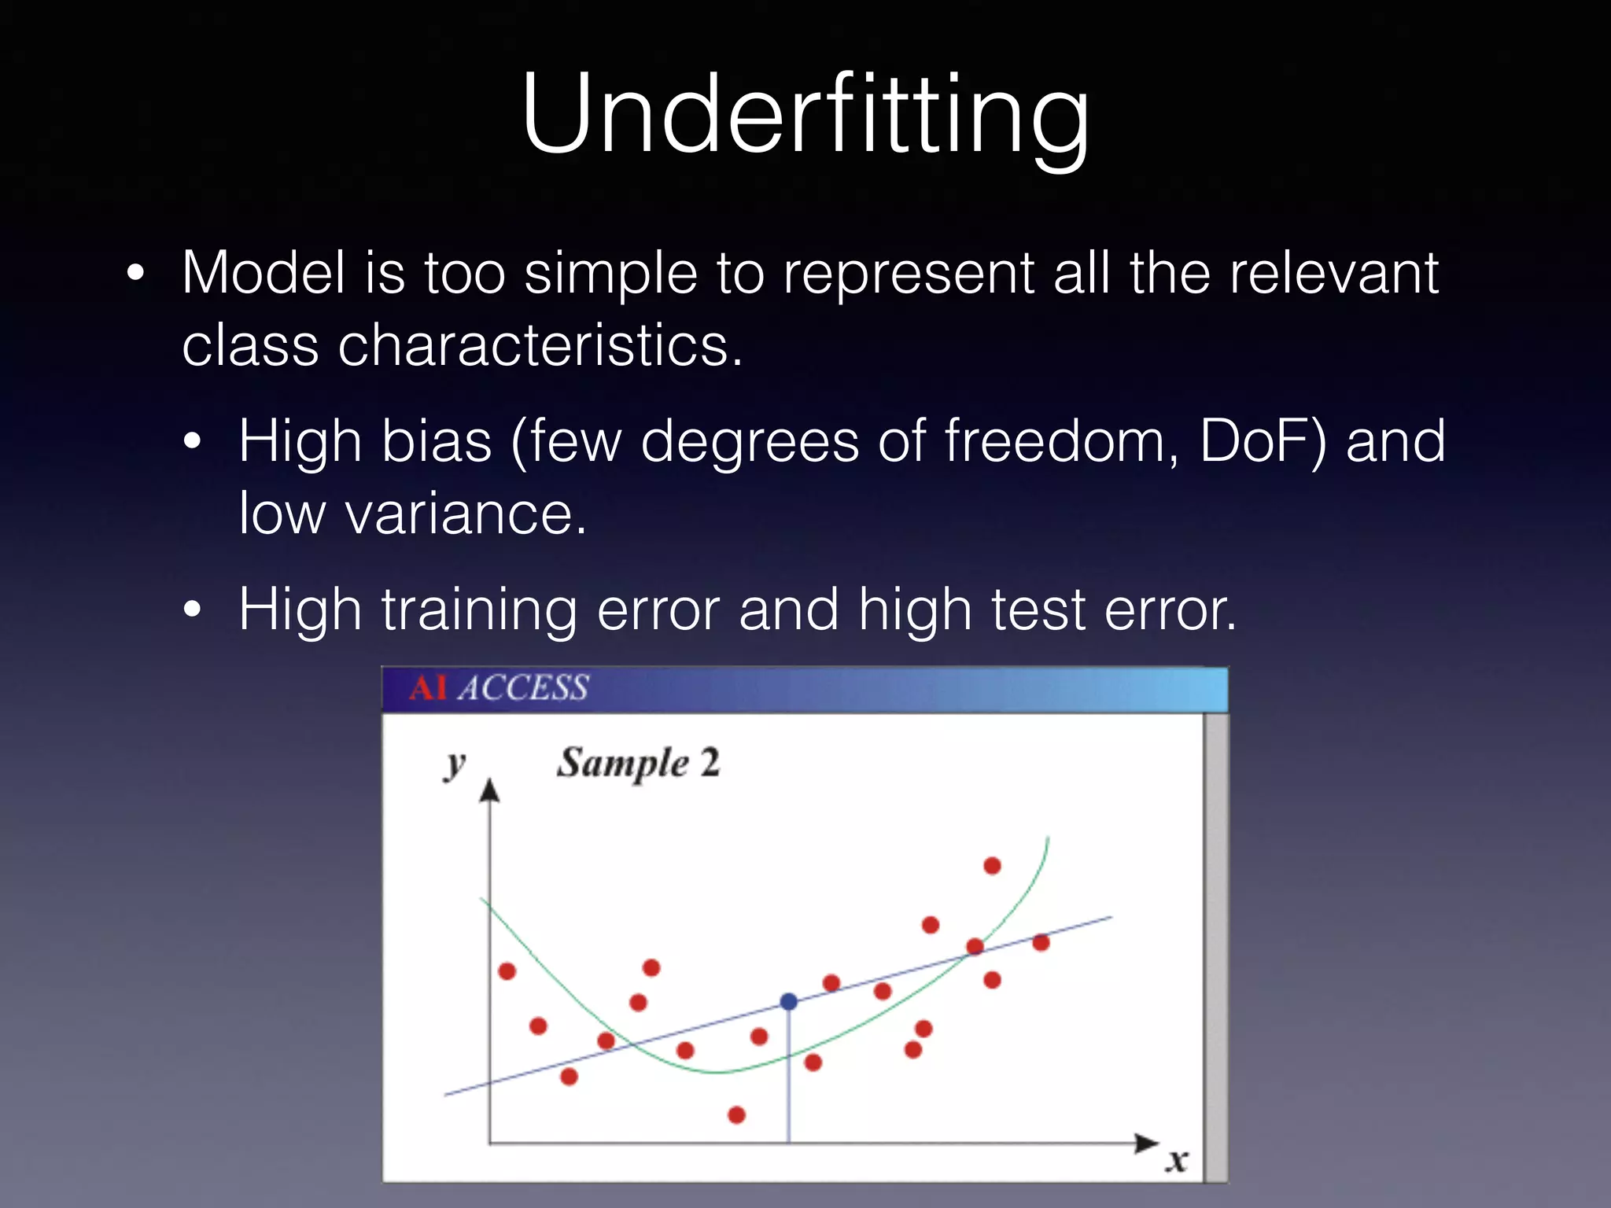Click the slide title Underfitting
pyautogui.click(x=805, y=114)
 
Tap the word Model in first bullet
pyautogui.click(x=264, y=273)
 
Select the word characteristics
pyautogui.click(x=540, y=346)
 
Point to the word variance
pyautogui.click(x=466, y=514)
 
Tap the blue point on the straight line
pyautogui.click(x=788, y=1001)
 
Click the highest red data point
pyautogui.click(x=992, y=866)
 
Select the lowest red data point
pyautogui.click(x=736, y=1114)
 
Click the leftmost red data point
pyautogui.click(x=507, y=971)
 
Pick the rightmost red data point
pyautogui.click(x=1041, y=942)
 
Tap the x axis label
pyautogui.click(x=1176, y=1161)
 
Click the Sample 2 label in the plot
pyautogui.click(x=638, y=763)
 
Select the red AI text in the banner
pyautogui.click(x=428, y=688)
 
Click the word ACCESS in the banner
pyautogui.click(x=523, y=688)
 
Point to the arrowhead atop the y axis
pyautogui.click(x=489, y=790)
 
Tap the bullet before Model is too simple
pyautogui.click(x=136, y=273)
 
